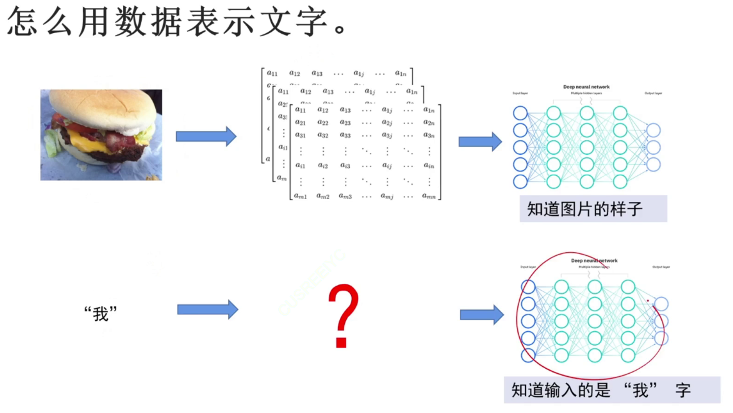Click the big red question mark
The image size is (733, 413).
[x=343, y=315]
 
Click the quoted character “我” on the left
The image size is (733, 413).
[x=101, y=313]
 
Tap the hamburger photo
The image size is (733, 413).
[x=101, y=135]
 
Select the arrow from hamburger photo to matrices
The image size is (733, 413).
[x=206, y=136]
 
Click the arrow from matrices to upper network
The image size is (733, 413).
[x=480, y=142]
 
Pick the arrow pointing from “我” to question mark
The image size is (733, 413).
[x=207, y=309]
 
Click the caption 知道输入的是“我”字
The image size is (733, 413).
[x=601, y=391]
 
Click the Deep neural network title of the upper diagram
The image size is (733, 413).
[x=586, y=87]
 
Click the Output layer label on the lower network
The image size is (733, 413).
[x=661, y=267]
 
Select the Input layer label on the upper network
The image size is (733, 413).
[x=520, y=94]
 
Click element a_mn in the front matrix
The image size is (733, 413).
[x=428, y=197]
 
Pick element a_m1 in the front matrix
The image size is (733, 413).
[x=301, y=197]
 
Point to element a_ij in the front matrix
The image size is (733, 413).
[x=387, y=165]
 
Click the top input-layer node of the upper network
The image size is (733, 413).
[x=520, y=113]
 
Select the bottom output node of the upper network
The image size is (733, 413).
[x=653, y=165]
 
